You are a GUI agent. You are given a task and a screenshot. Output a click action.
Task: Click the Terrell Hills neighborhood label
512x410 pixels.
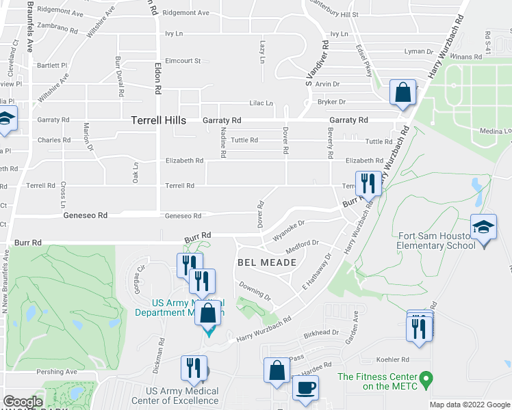tap(158, 120)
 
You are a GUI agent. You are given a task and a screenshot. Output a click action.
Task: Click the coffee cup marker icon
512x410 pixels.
tap(305, 387)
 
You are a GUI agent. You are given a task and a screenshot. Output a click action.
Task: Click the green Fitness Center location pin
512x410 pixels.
tap(428, 377)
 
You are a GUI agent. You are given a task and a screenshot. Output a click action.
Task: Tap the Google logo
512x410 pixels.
tap(23, 402)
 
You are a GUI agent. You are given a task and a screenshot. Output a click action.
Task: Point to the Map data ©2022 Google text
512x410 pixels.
tap(470, 405)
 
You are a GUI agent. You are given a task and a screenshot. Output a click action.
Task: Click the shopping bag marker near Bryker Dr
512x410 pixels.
tap(403, 92)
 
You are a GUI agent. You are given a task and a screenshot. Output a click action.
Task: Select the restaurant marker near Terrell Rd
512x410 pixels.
tap(370, 182)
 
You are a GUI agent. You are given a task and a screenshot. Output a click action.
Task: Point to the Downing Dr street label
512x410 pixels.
tap(255, 290)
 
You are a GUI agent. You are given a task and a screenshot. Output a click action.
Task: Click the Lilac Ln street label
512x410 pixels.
tap(261, 103)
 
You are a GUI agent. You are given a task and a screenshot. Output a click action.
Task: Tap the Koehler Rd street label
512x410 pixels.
tap(392, 359)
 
